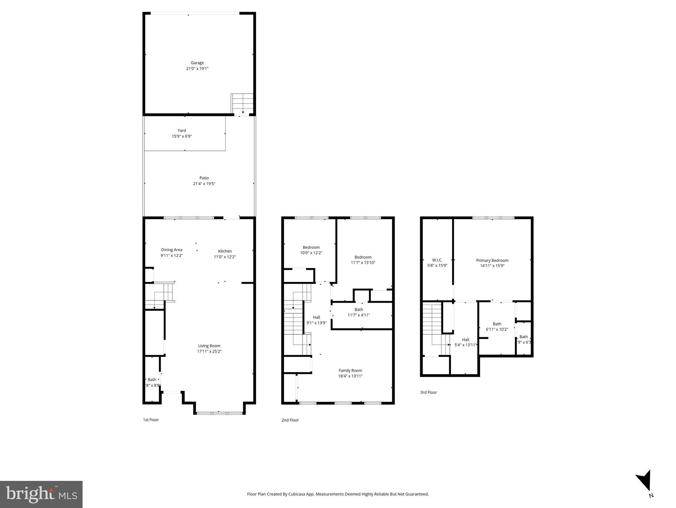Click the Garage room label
(x=197, y=63)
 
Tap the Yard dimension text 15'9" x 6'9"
(x=182, y=136)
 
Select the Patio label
(x=204, y=178)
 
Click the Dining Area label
(x=171, y=250)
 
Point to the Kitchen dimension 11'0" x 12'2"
(x=225, y=257)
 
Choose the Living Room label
(x=209, y=346)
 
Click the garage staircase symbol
(x=242, y=103)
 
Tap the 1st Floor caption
(x=151, y=420)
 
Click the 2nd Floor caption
(x=290, y=420)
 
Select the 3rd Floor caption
(x=428, y=392)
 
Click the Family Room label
(x=350, y=370)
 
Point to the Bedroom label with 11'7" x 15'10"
(x=363, y=257)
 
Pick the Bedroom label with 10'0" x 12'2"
(x=311, y=247)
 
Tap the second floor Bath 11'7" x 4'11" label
(x=359, y=310)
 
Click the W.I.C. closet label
(x=437, y=260)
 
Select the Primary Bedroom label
(x=492, y=260)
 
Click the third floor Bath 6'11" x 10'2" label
(x=497, y=324)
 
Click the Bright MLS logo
(x=41, y=494)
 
